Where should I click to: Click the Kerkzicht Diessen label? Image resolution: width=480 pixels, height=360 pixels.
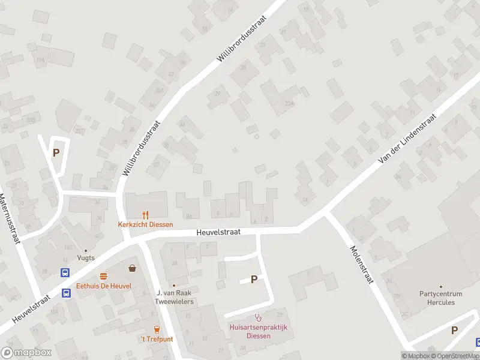tap(145, 225)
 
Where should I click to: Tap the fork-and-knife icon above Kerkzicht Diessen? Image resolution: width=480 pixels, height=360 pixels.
tap(145, 215)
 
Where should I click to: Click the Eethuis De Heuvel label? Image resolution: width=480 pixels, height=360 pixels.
tap(104, 286)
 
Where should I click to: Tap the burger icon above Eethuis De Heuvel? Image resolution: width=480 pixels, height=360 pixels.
tap(104, 276)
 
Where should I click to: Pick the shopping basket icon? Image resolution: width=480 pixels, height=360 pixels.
tap(132, 268)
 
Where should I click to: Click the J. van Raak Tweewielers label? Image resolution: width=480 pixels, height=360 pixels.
tap(175, 297)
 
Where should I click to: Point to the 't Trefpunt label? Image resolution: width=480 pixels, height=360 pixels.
tap(157, 339)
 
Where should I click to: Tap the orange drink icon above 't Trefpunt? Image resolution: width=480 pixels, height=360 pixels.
tap(157, 329)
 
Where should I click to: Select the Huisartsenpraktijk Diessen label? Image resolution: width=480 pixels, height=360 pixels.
tap(259, 331)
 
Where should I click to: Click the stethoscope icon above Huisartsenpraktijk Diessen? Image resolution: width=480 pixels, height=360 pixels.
tap(259, 317)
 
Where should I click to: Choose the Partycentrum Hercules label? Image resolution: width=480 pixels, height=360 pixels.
tap(441, 298)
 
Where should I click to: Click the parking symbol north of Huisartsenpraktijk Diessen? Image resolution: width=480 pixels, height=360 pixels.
tap(254, 279)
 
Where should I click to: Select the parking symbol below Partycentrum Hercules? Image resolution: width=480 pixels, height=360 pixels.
tap(454, 330)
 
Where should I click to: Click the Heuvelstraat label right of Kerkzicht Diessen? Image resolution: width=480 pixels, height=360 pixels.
tap(219, 232)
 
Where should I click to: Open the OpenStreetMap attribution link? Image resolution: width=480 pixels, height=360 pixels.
tap(457, 356)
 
